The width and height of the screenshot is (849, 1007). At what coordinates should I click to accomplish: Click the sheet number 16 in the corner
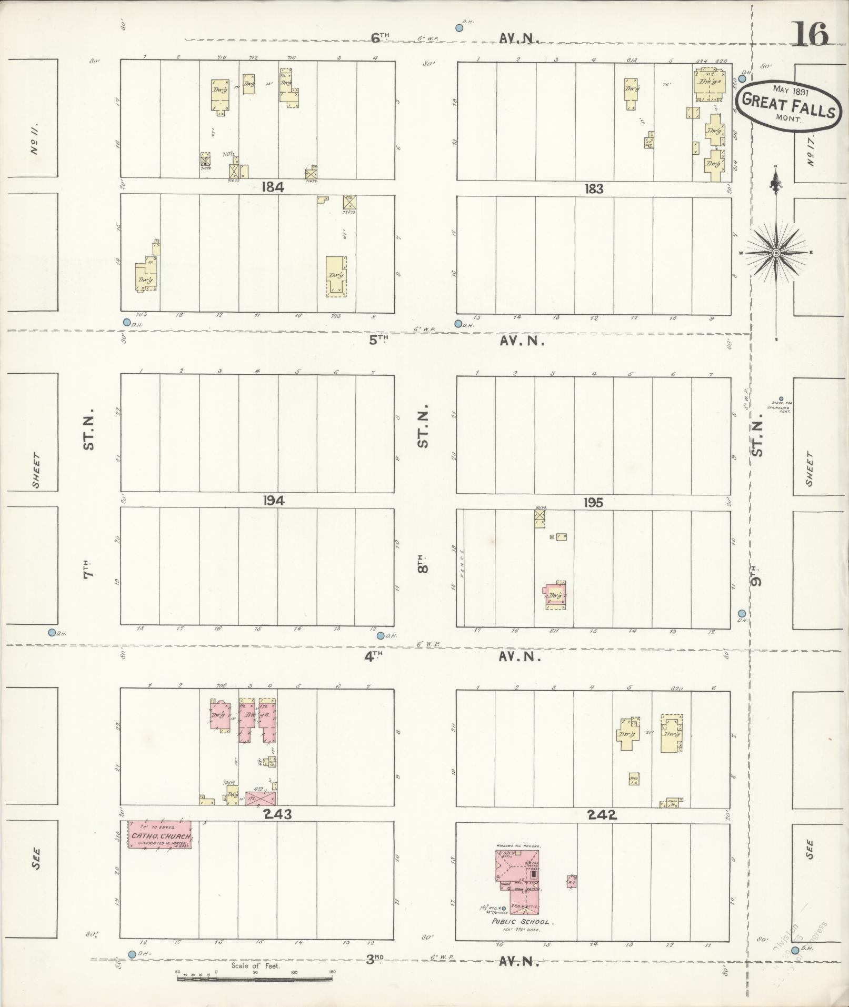(809, 34)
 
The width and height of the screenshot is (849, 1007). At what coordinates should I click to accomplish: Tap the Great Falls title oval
(787, 104)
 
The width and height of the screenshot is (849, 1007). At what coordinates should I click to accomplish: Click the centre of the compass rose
(776, 254)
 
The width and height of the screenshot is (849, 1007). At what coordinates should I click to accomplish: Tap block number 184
(272, 187)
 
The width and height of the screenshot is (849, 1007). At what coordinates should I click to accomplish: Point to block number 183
(594, 188)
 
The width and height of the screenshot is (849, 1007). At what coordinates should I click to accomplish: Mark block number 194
(274, 501)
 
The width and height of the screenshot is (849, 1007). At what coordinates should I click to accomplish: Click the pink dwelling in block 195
(556, 595)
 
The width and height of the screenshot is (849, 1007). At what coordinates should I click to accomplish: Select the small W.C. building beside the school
(572, 881)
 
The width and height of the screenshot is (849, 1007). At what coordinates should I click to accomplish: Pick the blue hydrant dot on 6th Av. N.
(460, 28)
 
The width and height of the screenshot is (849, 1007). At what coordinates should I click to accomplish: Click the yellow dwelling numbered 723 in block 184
(336, 276)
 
